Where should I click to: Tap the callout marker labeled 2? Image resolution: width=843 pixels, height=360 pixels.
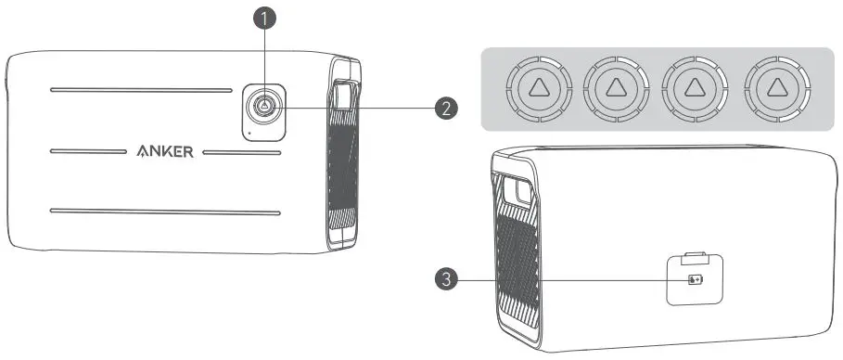447,108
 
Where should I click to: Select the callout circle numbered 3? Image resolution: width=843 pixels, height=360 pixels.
449,279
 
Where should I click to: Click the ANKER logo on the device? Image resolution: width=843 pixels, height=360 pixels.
166,152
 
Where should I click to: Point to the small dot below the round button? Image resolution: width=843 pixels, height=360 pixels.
248,132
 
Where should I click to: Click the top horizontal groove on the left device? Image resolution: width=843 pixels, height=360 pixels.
140,91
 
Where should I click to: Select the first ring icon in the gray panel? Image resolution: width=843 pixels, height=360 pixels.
534,88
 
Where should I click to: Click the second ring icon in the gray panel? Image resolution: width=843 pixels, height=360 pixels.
614,88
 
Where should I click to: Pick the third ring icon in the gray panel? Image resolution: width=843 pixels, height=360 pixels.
694,88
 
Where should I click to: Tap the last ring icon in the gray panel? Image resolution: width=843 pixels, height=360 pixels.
774,88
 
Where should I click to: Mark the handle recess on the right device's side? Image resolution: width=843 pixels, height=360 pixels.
517,194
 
